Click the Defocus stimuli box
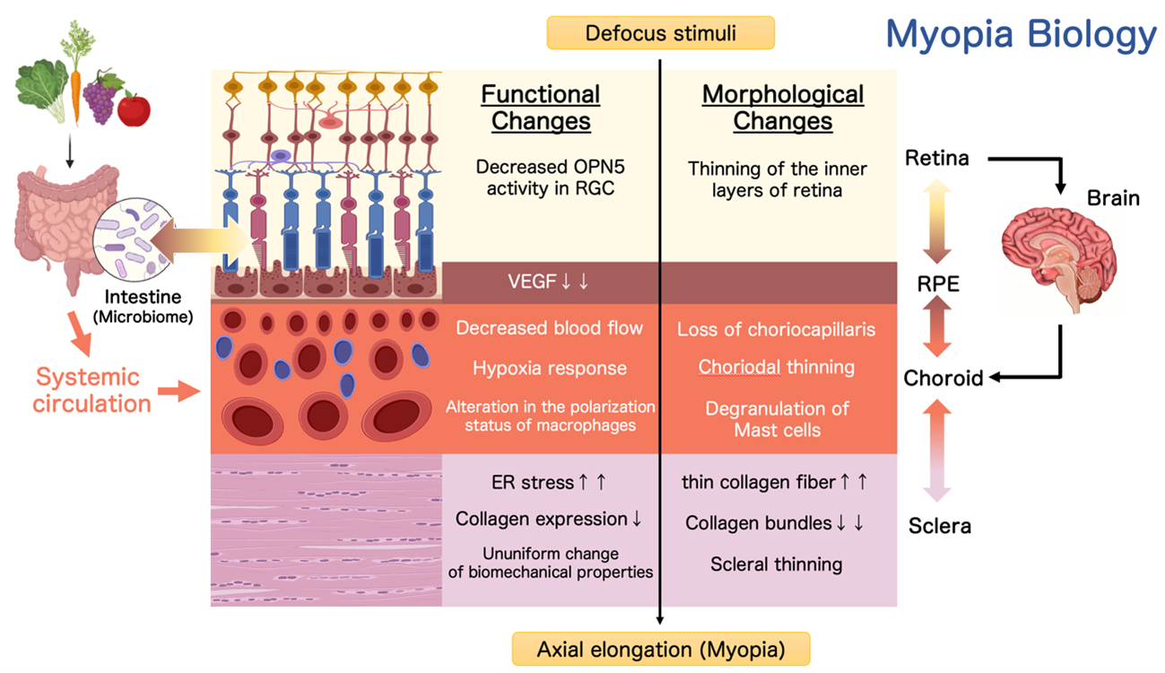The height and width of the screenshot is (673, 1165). (660, 34)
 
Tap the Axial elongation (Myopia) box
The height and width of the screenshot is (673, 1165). (660, 648)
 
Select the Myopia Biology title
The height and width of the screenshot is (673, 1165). (1021, 35)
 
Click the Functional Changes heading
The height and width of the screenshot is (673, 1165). (541, 107)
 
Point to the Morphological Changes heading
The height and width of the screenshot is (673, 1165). (782, 107)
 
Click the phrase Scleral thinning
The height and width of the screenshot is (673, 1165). (777, 564)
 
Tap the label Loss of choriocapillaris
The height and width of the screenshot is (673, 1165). (777, 329)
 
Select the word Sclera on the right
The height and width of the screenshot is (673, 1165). (940, 526)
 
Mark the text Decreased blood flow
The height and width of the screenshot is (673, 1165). (550, 328)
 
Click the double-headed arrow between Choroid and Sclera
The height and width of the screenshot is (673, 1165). (939, 449)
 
